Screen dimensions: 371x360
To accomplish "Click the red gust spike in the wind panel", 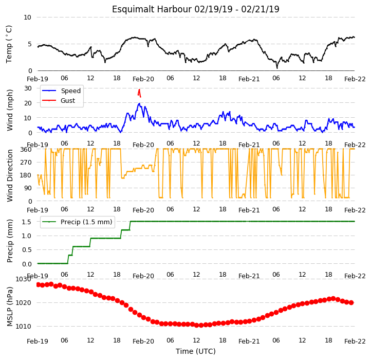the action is tap(139, 93).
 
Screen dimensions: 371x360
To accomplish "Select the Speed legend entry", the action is tap(61, 91).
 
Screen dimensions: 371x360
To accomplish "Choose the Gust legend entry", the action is tap(59, 101).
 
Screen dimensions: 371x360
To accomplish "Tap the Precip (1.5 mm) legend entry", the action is tap(77, 222).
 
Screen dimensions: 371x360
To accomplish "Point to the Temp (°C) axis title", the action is tap(9, 44).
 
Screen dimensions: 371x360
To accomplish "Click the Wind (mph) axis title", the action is tap(9, 110).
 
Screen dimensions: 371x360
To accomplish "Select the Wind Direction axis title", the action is tap(9, 175).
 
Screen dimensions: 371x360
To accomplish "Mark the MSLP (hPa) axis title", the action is tap(9, 307).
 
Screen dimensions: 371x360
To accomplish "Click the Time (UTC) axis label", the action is tap(196, 351).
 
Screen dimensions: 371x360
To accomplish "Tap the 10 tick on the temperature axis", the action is tap(27, 17).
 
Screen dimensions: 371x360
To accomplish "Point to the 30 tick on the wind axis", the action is tap(28, 88).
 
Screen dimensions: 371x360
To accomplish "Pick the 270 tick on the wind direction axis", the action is tap(27, 163).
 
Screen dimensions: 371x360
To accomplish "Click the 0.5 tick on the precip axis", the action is tap(27, 250).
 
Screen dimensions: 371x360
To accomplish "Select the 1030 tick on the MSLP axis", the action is tap(24, 279).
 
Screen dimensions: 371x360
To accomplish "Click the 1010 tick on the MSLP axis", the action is tap(24, 327).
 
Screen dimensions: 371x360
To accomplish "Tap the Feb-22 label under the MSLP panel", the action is tap(355, 341).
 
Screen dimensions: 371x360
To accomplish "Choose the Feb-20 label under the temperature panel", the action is tap(143, 79).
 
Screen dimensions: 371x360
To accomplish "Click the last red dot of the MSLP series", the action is tap(351, 303).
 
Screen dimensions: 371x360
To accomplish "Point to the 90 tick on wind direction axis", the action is tap(28, 188).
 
